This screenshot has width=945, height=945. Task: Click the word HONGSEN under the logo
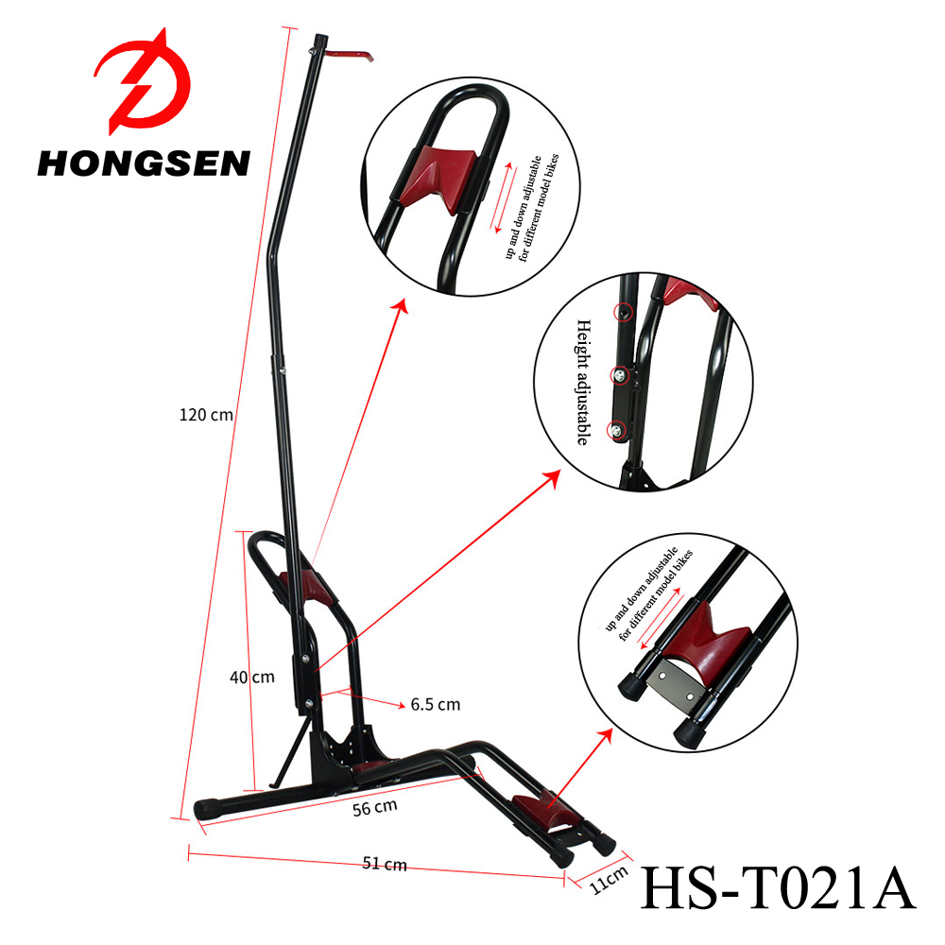click(x=144, y=163)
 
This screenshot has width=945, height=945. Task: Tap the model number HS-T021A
click(x=778, y=888)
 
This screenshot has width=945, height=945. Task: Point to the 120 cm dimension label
click(x=205, y=414)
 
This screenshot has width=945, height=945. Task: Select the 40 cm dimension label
click(x=251, y=677)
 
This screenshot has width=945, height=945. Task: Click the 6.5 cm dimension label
click(x=435, y=704)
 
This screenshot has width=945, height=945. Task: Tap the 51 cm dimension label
click(x=385, y=864)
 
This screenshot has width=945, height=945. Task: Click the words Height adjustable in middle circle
click(x=582, y=382)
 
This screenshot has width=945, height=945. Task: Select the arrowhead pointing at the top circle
click(x=403, y=305)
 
